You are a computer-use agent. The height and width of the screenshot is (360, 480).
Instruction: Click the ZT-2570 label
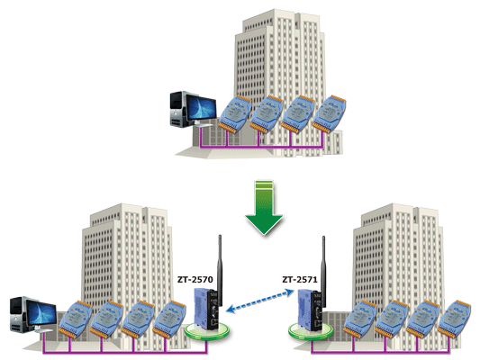(195, 280)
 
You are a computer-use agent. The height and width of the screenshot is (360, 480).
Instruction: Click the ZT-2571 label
(300, 280)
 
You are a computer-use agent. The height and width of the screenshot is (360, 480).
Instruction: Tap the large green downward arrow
(264, 207)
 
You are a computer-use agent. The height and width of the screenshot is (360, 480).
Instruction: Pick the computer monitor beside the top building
(201, 110)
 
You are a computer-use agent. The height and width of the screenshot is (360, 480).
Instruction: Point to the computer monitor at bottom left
(41, 315)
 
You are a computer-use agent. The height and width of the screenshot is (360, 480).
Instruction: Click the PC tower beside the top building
(178, 109)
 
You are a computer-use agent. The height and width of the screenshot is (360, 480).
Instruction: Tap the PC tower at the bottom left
(19, 314)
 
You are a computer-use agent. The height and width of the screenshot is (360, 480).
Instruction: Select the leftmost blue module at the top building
(235, 113)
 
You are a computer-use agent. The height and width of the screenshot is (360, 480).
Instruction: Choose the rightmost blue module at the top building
(329, 113)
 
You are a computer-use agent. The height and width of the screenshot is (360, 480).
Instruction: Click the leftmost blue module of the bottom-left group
(76, 319)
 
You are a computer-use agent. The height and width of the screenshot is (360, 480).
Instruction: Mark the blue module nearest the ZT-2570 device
(169, 319)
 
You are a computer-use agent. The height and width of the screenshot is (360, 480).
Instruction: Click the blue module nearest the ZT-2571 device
(360, 319)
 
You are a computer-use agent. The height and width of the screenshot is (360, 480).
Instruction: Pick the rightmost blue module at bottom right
(454, 319)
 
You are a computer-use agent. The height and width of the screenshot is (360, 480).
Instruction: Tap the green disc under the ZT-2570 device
(207, 331)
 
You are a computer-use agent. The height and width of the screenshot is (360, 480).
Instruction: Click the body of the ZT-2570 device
(207, 309)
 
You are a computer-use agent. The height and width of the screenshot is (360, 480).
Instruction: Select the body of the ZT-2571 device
(311, 310)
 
